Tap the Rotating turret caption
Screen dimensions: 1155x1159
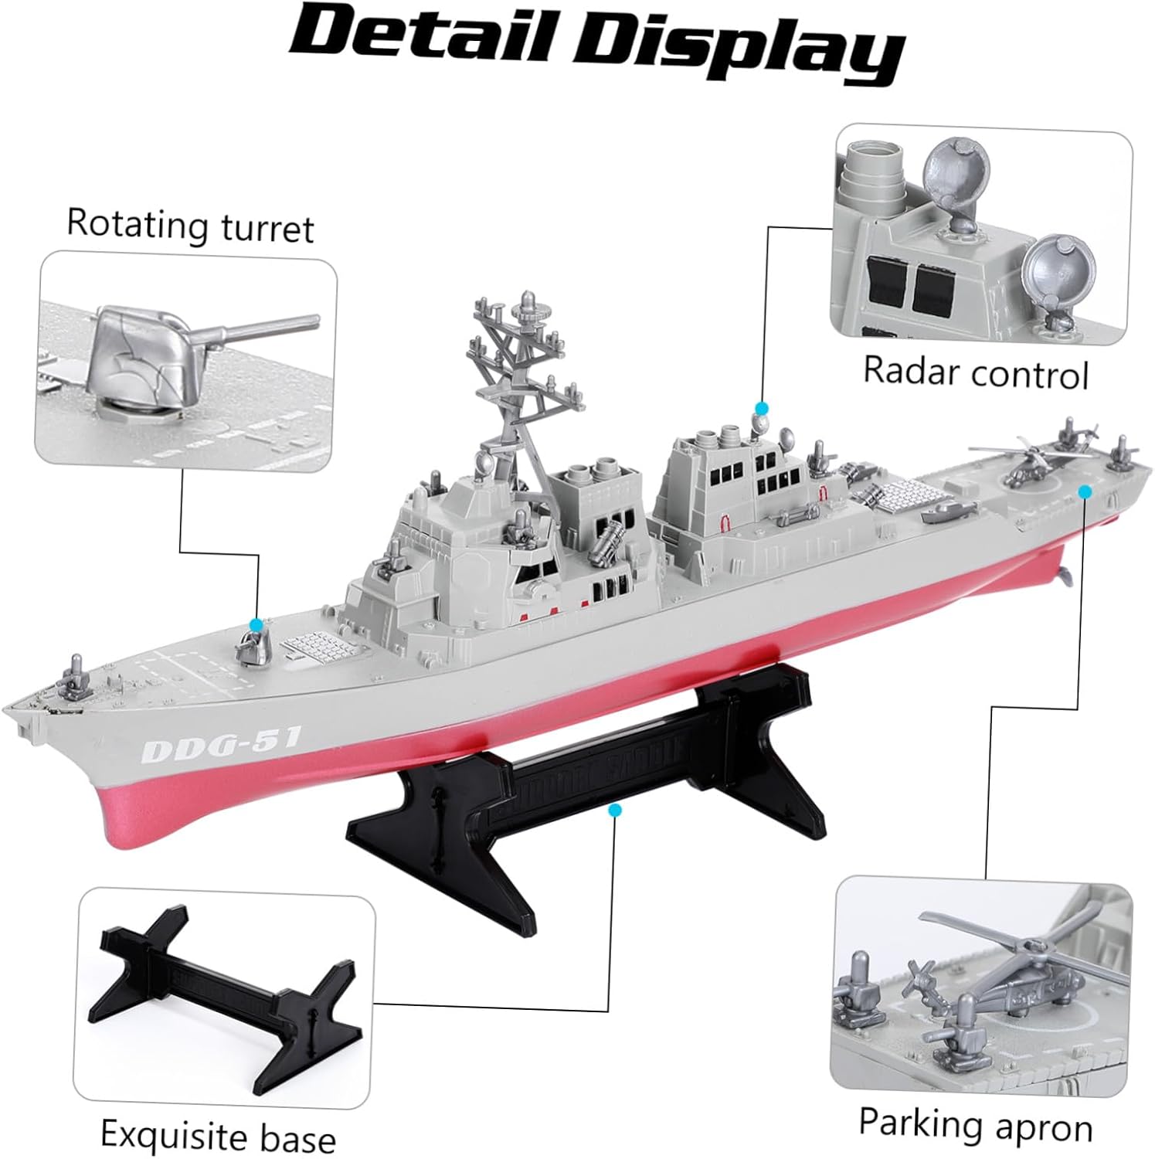click(191, 225)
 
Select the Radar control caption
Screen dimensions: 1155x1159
click(975, 372)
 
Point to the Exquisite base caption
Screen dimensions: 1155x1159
click(219, 1135)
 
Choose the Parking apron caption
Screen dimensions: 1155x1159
click(976, 1123)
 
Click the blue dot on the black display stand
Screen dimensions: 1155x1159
click(615, 810)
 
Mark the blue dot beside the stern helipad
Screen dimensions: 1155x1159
click(1085, 491)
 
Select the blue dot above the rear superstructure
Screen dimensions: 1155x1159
click(763, 407)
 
